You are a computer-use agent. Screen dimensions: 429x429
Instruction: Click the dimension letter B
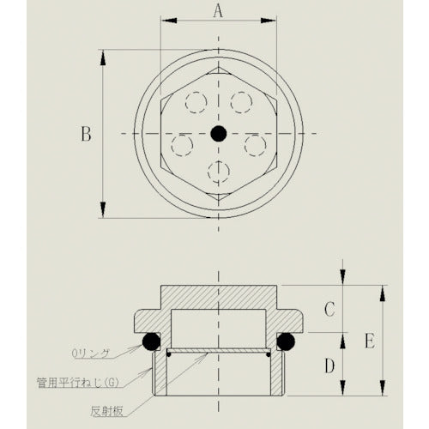point(85,134)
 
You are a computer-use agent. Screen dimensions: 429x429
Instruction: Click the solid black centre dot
point(218,134)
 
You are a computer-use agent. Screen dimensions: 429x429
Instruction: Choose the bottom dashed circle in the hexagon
point(218,172)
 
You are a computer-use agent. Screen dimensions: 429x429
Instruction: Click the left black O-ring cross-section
point(150,341)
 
